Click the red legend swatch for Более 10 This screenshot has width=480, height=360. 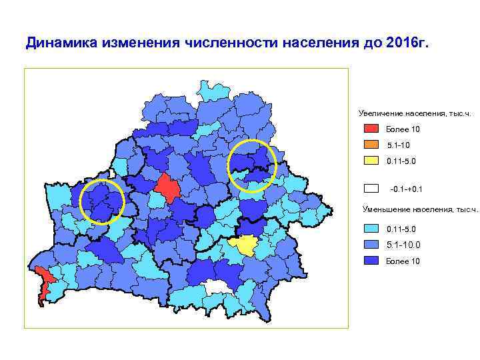click(x=371, y=129)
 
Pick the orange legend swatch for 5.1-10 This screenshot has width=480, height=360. click(x=371, y=145)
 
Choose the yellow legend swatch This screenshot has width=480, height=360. click(x=371, y=161)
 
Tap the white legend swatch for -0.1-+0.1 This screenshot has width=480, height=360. click(x=371, y=189)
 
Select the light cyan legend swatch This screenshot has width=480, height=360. click(x=371, y=229)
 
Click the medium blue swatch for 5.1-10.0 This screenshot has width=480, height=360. click(x=371, y=245)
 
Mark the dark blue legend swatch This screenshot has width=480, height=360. click(x=371, y=261)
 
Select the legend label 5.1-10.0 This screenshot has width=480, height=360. click(x=403, y=245)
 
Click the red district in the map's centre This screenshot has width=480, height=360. click(x=167, y=188)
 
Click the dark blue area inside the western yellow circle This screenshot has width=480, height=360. click(x=101, y=200)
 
